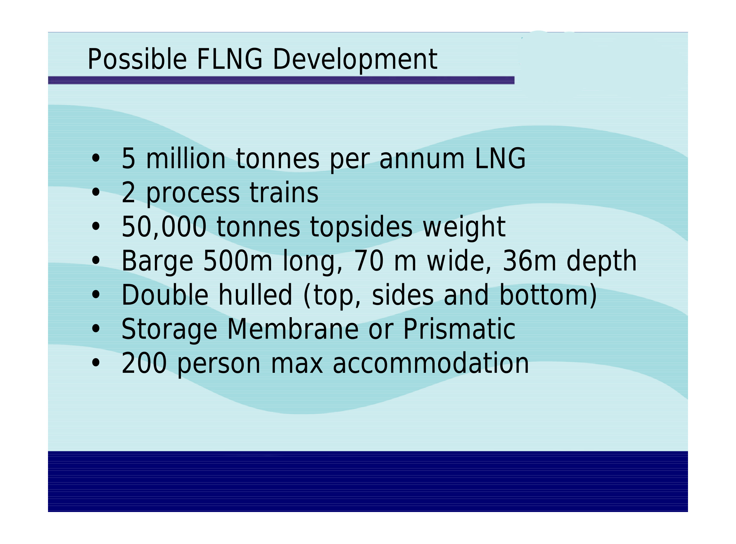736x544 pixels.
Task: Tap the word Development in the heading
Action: pyautogui.click(x=355, y=60)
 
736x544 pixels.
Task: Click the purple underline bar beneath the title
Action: pyautogui.click(x=281, y=80)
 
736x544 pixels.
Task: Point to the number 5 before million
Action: pyautogui.click(x=128, y=159)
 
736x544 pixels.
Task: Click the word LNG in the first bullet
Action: pyautogui.click(x=500, y=158)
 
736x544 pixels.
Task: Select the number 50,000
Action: pyautogui.click(x=164, y=227)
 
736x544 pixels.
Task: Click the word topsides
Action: pyautogui.click(x=361, y=228)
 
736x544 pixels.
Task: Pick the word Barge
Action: pyautogui.click(x=157, y=262)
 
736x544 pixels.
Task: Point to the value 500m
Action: pyautogui.click(x=237, y=261)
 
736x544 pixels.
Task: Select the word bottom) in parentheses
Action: pyautogui.click(x=548, y=296)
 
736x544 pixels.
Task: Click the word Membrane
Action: pyautogui.click(x=293, y=329)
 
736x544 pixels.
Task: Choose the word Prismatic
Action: pyautogui.click(x=460, y=329)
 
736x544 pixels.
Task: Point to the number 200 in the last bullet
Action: pyautogui.click(x=144, y=363)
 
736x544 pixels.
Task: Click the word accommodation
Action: pyautogui.click(x=431, y=363)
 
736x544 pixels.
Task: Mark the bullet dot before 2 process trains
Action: pyautogui.click(x=95, y=192)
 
